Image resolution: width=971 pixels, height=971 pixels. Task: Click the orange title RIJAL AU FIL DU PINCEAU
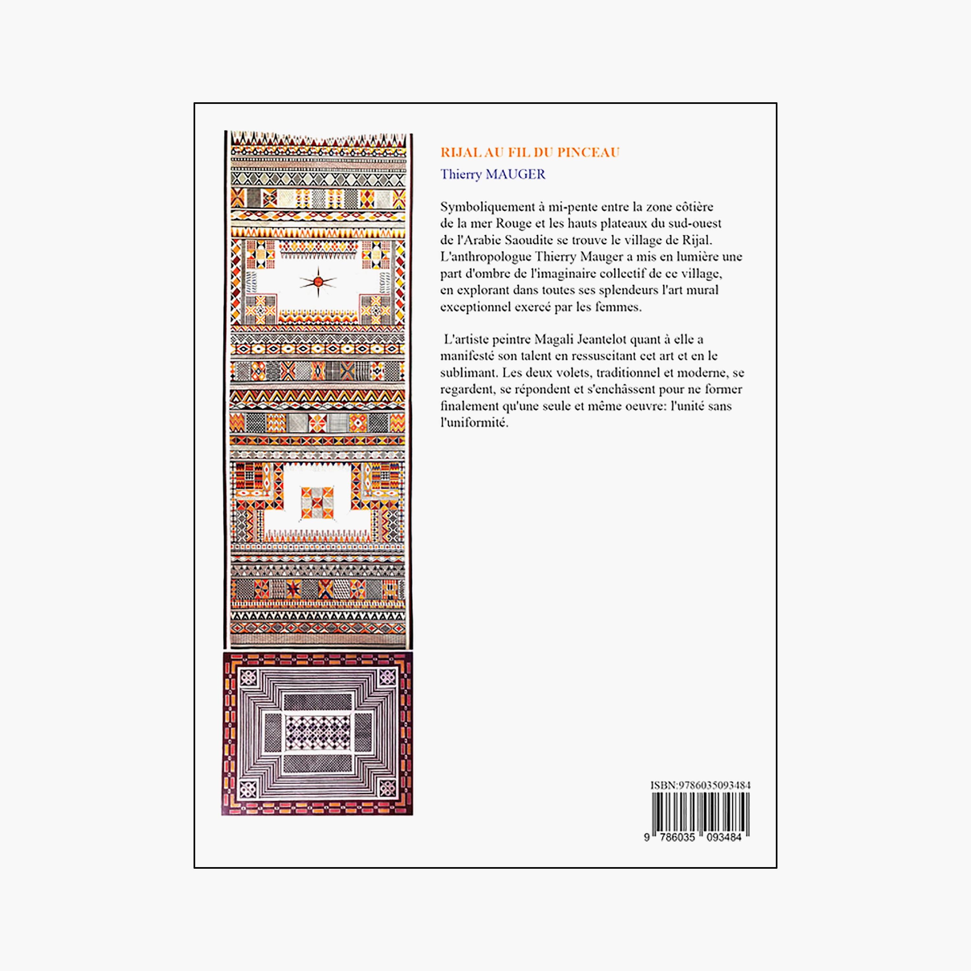coord(530,152)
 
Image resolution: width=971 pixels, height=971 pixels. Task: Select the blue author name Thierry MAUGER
coord(493,174)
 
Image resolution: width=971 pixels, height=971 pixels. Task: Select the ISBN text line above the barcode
coord(700,785)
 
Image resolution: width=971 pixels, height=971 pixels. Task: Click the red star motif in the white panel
coord(318,282)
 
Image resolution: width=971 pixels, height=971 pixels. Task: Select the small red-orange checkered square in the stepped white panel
coord(317,503)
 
